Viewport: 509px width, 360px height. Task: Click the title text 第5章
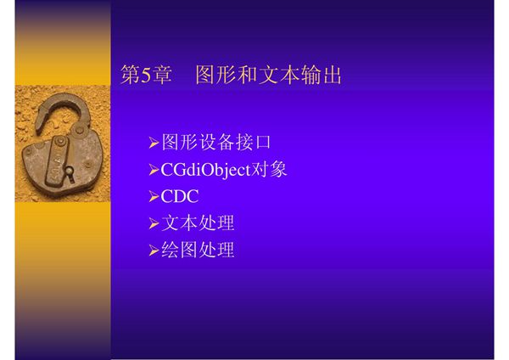pyautogui.click(x=147, y=76)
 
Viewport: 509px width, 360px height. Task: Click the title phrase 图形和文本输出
pyautogui.click(x=269, y=76)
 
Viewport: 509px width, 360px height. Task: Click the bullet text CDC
pyautogui.click(x=180, y=196)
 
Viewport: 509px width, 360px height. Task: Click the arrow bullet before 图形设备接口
pyautogui.click(x=154, y=143)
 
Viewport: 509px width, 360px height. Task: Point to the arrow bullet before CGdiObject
pyautogui.click(x=154, y=170)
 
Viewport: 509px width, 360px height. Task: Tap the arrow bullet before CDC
pyautogui.click(x=154, y=197)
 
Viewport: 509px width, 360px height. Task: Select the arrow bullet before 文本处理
pyautogui.click(x=154, y=224)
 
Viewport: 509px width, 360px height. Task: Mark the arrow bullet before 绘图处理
pyautogui.click(x=154, y=250)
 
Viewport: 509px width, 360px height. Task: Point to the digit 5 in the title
pyautogui.click(x=145, y=76)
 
